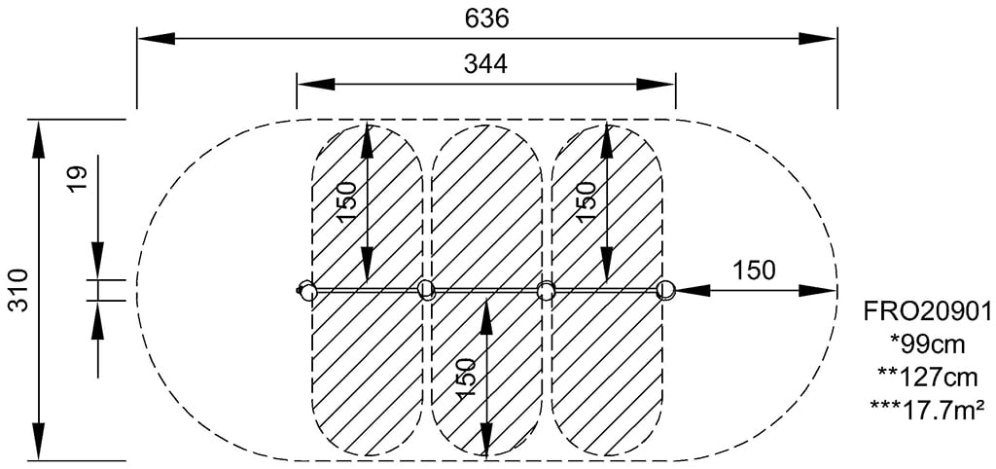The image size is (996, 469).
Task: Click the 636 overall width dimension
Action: click(487, 18)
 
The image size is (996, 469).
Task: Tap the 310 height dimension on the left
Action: click(18, 290)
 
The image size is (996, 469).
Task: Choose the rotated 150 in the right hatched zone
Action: click(587, 201)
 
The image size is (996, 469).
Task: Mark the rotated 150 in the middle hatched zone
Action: click(467, 378)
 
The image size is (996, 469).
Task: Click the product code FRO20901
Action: click(927, 311)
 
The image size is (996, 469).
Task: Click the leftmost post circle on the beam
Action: click(307, 290)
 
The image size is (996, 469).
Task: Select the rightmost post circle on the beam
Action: click(665, 289)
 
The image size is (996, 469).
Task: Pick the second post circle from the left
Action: click(426, 289)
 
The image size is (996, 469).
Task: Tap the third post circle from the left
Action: click(546, 290)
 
